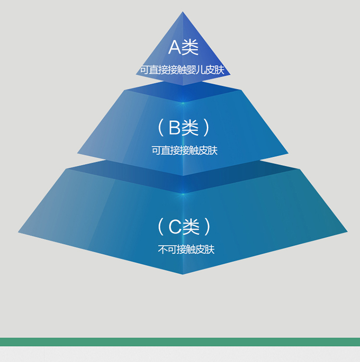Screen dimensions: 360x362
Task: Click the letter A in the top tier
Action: [x=174, y=47]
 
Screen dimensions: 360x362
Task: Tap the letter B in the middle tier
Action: [x=174, y=128]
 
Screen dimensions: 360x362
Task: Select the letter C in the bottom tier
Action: [x=175, y=226]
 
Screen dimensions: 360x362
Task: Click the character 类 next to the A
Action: [x=190, y=47]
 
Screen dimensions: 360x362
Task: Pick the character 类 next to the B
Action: [x=190, y=128]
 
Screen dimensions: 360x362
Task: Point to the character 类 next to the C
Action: [x=191, y=226]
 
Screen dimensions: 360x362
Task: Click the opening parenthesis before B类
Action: [x=161, y=128]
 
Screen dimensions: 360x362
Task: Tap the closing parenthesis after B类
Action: [x=207, y=128]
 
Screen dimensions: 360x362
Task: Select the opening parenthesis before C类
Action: [x=161, y=227]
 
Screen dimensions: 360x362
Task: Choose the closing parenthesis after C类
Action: [x=207, y=227]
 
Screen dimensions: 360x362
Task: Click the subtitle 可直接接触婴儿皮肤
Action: [x=182, y=70]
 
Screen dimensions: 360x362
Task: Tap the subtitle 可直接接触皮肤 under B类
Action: [x=185, y=150]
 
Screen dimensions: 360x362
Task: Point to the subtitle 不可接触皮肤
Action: [x=186, y=249]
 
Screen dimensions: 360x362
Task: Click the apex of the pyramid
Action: [x=183, y=12]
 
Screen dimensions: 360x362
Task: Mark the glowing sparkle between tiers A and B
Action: [x=183, y=103]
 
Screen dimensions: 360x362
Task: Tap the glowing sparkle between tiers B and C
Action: [x=183, y=194]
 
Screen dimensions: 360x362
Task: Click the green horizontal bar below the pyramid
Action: [x=180, y=342]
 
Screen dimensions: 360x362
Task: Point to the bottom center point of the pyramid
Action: [x=183, y=275]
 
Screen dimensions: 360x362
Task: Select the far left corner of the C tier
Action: [x=18, y=232]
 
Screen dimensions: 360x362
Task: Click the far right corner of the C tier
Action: [x=348, y=232]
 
